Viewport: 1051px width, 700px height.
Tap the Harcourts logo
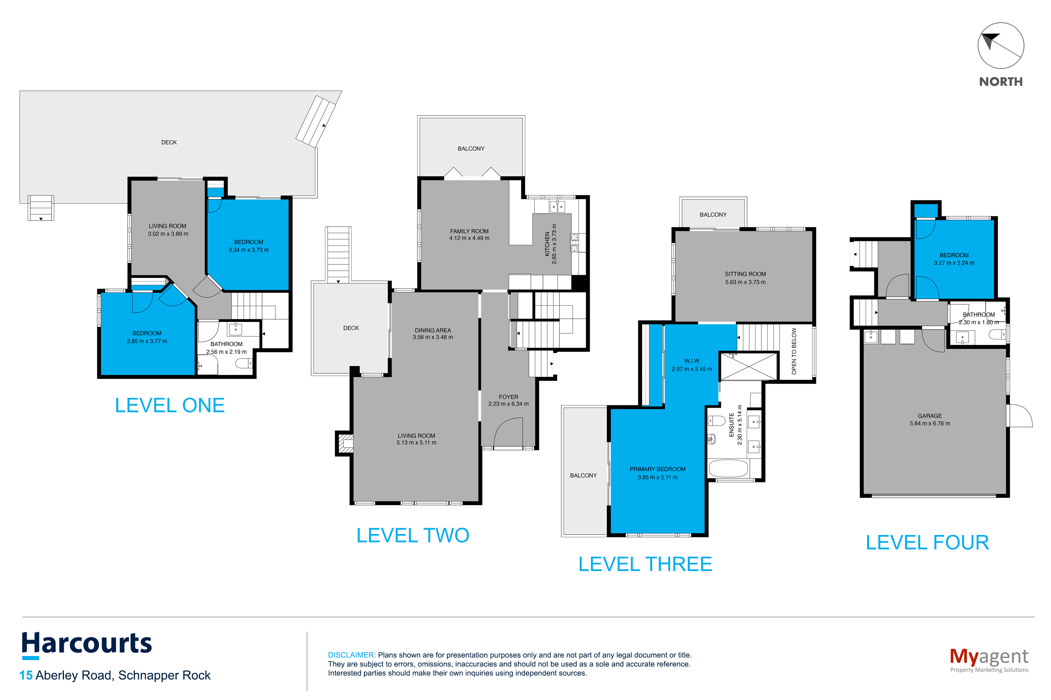pyautogui.click(x=87, y=645)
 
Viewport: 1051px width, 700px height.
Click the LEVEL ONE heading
pyautogui.click(x=170, y=405)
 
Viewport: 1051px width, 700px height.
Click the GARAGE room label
pyautogui.click(x=929, y=416)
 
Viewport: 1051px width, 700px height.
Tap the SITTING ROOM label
pyautogui.click(x=745, y=274)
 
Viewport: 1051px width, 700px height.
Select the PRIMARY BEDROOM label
pyautogui.click(x=658, y=469)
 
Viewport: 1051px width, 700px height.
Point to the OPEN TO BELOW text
pyautogui.click(x=794, y=351)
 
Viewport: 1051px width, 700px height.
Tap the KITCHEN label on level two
pyautogui.click(x=547, y=244)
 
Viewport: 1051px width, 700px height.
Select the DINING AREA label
pyautogui.click(x=433, y=330)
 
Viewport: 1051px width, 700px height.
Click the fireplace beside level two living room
pyautogui.click(x=344, y=443)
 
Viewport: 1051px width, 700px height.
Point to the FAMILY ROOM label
pyautogui.click(x=469, y=231)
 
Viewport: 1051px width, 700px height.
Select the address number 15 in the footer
pyautogui.click(x=26, y=675)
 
